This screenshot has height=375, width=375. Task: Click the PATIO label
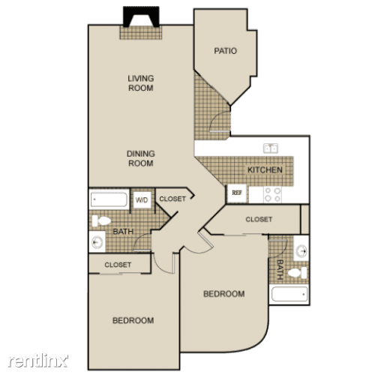(225, 51)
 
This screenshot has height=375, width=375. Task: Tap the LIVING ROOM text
(141, 83)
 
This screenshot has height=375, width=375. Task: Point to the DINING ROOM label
(141, 158)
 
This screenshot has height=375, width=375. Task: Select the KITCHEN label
(265, 170)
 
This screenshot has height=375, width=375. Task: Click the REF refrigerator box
(237, 193)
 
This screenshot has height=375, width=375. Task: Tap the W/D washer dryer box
(142, 200)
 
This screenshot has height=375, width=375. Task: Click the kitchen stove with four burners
(272, 195)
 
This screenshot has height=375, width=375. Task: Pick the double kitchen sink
(271, 148)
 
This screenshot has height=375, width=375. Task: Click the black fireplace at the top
(141, 17)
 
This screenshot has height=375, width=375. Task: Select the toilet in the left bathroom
(101, 221)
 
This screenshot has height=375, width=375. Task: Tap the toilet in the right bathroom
(298, 273)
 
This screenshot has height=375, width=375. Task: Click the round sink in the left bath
(97, 242)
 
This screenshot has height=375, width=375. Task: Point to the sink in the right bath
(301, 250)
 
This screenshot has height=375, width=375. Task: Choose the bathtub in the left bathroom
(109, 199)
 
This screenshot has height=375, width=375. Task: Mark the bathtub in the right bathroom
(289, 295)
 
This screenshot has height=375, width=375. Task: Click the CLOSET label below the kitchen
(259, 220)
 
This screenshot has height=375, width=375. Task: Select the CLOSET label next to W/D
(172, 199)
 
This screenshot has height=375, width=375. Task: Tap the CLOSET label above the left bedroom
(118, 265)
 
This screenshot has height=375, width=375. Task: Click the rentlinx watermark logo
(38, 361)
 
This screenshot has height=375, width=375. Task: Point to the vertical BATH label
(280, 269)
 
